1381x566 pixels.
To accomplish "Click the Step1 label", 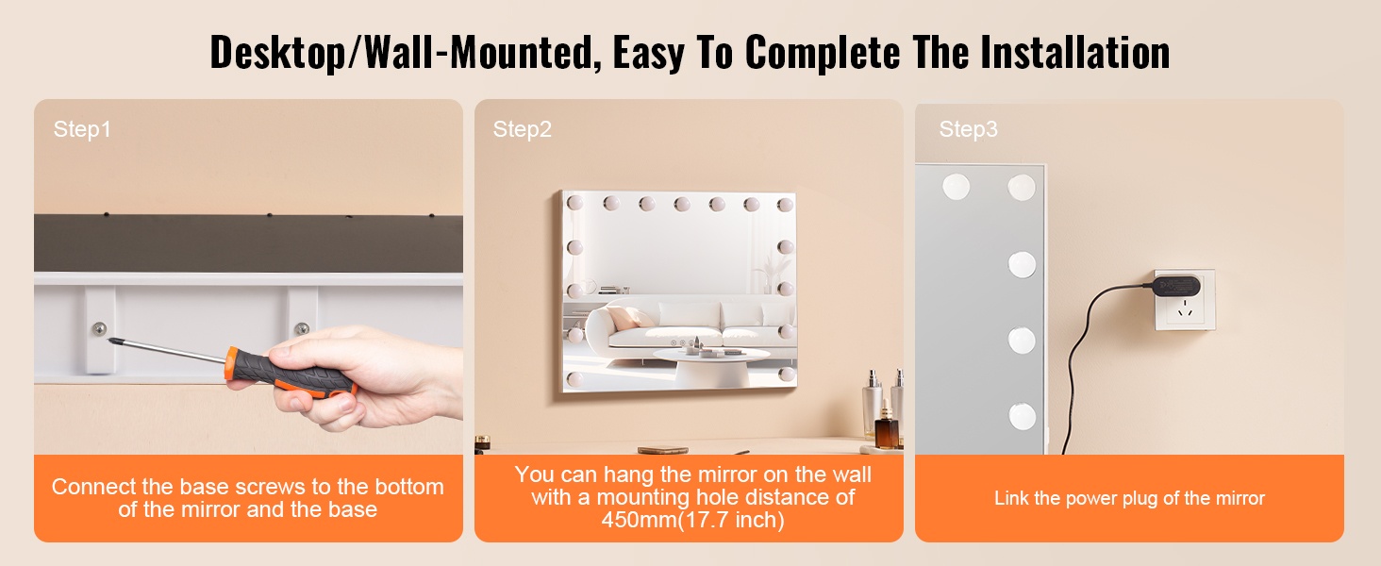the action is coord(82,129).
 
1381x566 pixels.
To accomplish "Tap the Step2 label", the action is coord(523,129).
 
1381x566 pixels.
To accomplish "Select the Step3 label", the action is coord(968,129).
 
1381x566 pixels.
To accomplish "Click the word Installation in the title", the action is coord(1075,52).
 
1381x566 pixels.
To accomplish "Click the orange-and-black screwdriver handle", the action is coord(291,373).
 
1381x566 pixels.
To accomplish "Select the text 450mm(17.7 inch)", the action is coord(693,520).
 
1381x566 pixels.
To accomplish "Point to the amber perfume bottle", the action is coord(886,425).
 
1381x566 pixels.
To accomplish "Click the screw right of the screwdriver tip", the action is coord(302,328).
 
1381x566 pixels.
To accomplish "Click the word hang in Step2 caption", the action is coord(629,475).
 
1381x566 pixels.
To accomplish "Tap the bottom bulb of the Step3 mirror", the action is coord(1023,416).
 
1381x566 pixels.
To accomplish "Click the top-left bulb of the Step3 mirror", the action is coord(956,186).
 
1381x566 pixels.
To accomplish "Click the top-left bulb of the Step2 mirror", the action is coord(574,202).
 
